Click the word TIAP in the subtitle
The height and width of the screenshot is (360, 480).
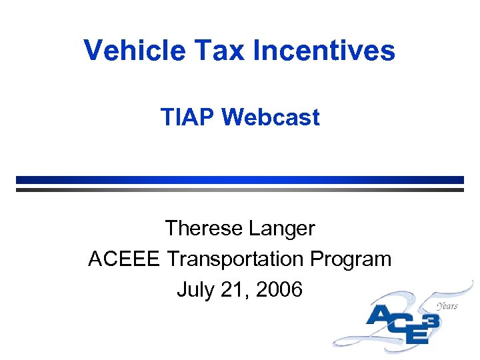188,117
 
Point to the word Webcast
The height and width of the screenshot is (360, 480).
271,117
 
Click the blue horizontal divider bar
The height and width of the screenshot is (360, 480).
240,179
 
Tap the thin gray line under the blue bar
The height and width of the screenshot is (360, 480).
240,189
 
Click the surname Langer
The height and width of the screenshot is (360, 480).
281,229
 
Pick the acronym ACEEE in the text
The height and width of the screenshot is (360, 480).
123,259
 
